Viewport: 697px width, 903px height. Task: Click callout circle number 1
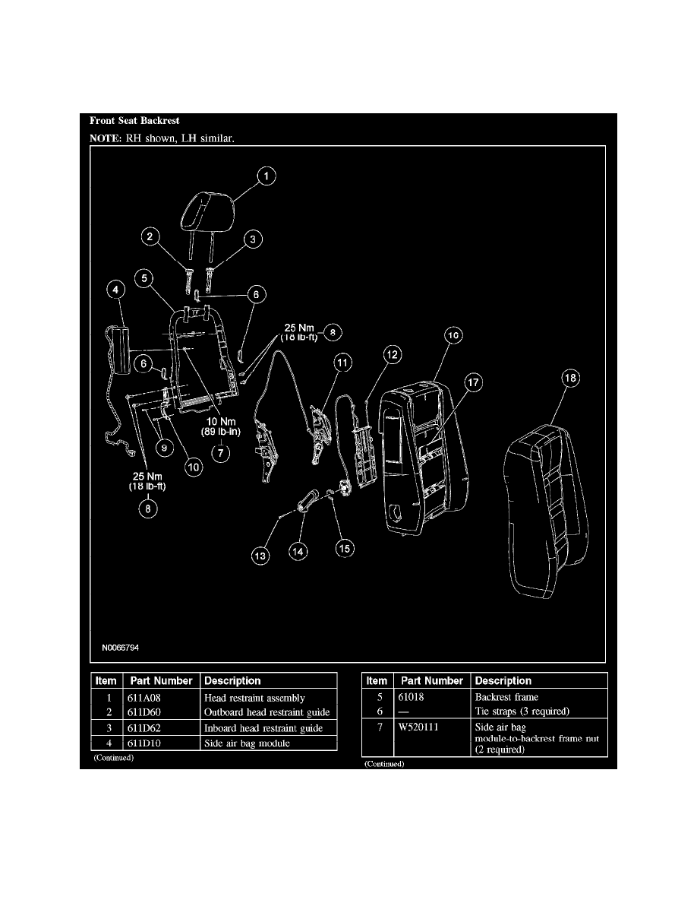click(266, 176)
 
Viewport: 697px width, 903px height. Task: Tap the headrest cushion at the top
click(207, 211)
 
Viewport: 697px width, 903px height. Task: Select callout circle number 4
click(115, 289)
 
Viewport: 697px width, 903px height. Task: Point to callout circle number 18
click(570, 378)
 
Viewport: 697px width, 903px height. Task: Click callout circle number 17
click(473, 382)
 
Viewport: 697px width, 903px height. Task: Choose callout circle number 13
click(260, 556)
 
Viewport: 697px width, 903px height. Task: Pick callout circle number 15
click(345, 548)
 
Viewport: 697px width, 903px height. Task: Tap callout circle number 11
click(342, 363)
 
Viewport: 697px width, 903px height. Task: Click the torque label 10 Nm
click(221, 422)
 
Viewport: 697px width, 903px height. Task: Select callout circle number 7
click(221, 453)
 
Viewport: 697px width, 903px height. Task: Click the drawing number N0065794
click(120, 648)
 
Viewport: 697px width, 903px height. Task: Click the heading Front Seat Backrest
click(134, 120)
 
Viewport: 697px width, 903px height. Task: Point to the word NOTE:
click(106, 138)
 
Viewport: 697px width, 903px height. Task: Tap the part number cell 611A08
click(143, 698)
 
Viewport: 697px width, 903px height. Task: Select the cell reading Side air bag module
click(247, 743)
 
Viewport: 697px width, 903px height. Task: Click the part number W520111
click(418, 727)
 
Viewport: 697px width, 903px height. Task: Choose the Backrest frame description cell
click(506, 697)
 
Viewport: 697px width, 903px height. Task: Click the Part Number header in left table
click(161, 681)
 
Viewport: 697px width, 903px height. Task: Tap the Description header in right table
click(503, 681)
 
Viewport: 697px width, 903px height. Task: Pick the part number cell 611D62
click(143, 728)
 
